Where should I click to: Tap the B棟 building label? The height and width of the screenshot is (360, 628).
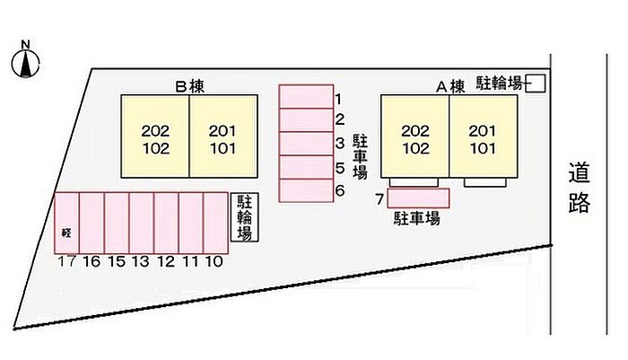pyautogui.click(x=190, y=87)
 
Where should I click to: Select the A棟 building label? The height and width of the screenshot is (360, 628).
pyautogui.click(x=449, y=87)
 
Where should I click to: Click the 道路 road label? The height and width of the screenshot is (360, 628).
pyautogui.click(x=580, y=188)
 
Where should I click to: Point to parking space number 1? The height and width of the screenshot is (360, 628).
pyautogui.click(x=305, y=96)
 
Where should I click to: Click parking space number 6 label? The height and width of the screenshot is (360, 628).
pyautogui.click(x=340, y=190)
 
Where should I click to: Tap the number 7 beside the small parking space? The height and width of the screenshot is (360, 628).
pyautogui.click(x=379, y=198)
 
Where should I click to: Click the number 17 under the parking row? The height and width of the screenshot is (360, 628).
pyautogui.click(x=65, y=262)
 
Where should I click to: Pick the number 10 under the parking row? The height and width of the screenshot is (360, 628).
pyautogui.click(x=214, y=262)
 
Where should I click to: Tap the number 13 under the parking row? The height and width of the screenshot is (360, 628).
pyautogui.click(x=140, y=262)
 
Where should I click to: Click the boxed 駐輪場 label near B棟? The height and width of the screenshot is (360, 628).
pyautogui.click(x=244, y=217)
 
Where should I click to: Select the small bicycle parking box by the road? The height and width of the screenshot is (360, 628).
pyautogui.click(x=536, y=83)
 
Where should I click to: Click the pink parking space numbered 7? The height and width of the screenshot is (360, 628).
pyautogui.click(x=418, y=198)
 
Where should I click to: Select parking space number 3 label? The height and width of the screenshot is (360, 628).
pyautogui.click(x=340, y=144)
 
